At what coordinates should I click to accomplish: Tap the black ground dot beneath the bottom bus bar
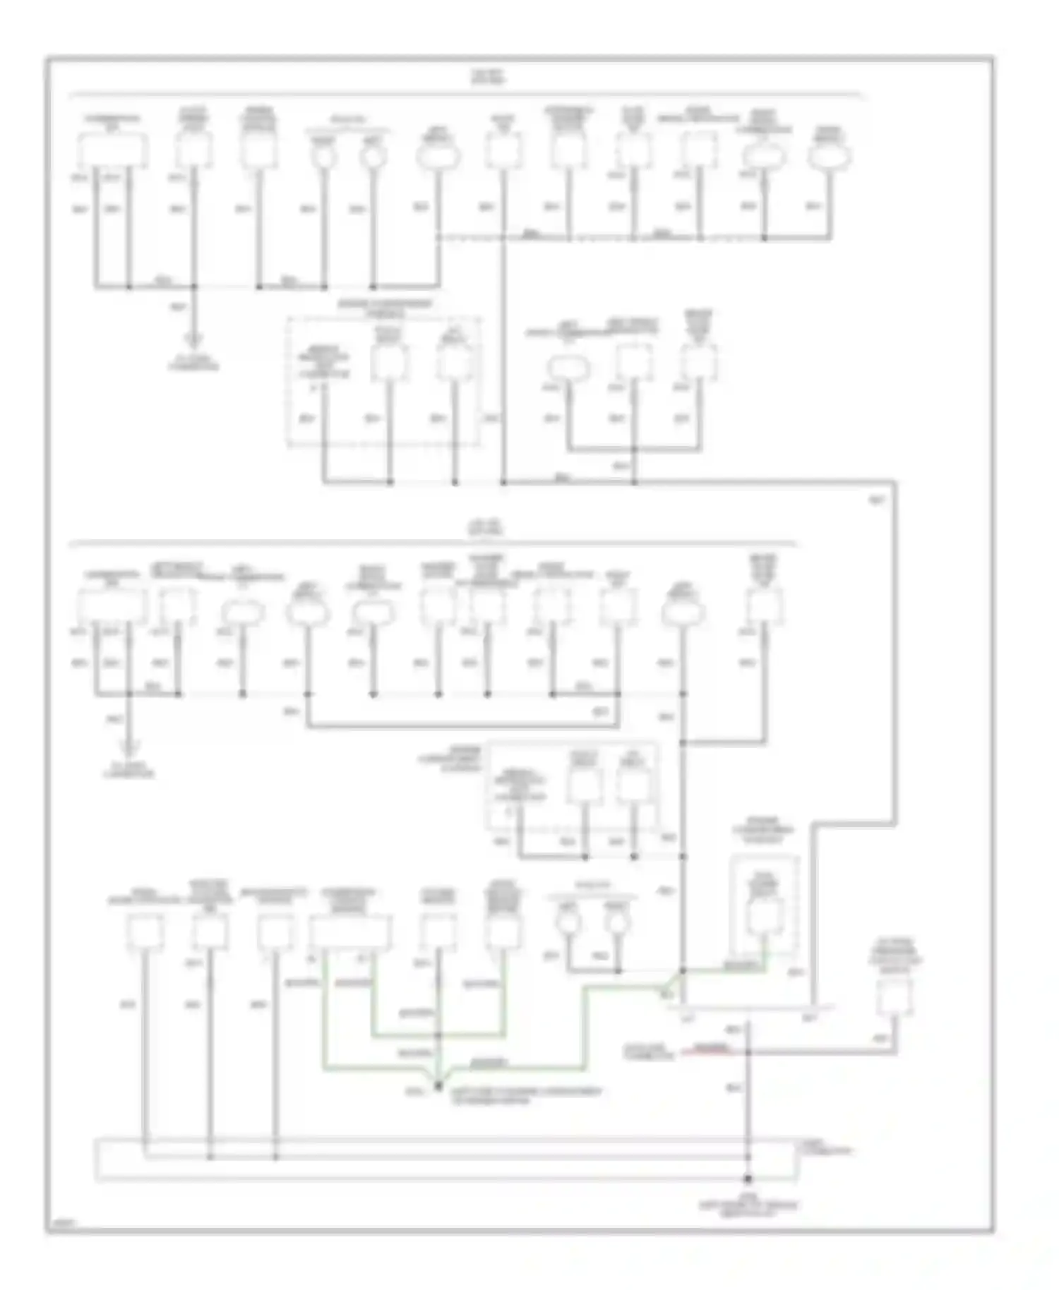[748, 1179]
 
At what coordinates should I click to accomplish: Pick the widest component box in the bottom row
[350, 932]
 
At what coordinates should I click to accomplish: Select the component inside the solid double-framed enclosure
[765, 915]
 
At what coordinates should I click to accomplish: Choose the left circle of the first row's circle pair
[324, 157]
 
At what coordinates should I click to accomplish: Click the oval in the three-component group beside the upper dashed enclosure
[568, 367]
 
